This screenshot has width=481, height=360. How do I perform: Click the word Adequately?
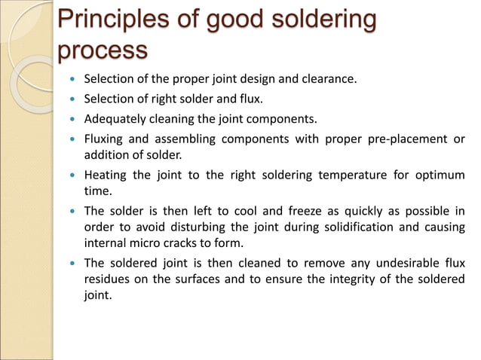pos(118,119)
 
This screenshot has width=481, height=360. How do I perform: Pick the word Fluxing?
pos(106,139)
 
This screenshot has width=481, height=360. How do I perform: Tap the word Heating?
pos(107,175)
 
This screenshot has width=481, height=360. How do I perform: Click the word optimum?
pos(439,175)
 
